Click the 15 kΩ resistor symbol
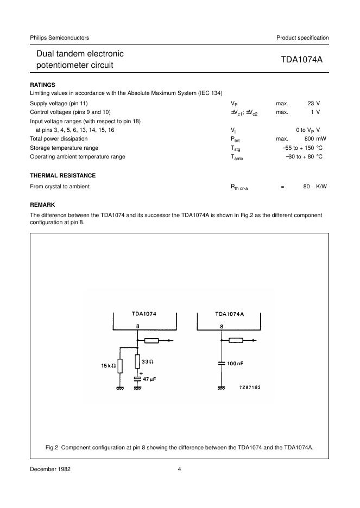coord(121,366)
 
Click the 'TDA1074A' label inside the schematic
coord(230,314)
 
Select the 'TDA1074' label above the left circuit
coord(144,314)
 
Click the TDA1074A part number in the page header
coord(302,60)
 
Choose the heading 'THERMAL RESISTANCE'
coord(62,175)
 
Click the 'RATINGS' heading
coord(42,85)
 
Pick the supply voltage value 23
coord(310,103)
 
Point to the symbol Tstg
coord(235,148)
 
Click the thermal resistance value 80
coord(306,186)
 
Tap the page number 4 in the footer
coord(179,469)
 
